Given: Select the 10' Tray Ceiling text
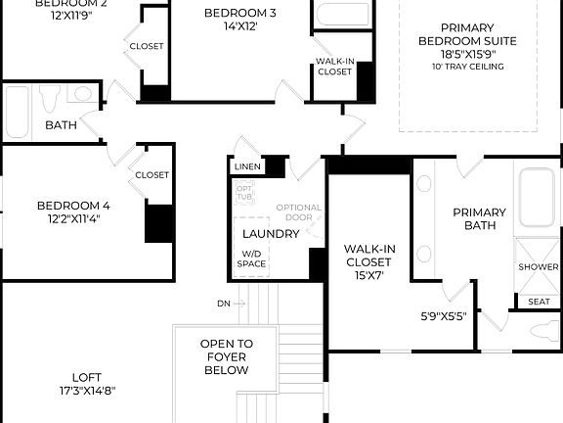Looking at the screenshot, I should click(466, 67).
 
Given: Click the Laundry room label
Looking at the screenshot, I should click(271, 234).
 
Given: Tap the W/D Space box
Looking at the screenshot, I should click(253, 258).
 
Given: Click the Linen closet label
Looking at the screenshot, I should click(246, 166).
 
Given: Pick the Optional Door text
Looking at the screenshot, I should click(298, 212).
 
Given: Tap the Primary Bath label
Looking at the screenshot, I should click(479, 218).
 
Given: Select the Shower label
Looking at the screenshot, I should click(539, 266).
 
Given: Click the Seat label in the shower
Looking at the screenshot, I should click(539, 302).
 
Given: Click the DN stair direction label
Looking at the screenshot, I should click(224, 304).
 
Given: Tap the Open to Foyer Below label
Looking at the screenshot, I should click(226, 357).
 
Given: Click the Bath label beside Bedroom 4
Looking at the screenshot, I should click(61, 125).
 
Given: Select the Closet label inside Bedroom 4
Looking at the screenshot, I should click(152, 175).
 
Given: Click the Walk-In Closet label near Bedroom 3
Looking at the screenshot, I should click(334, 67).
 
